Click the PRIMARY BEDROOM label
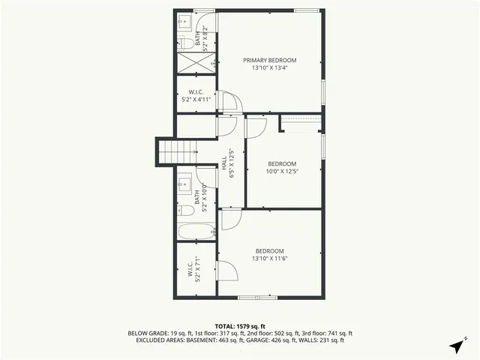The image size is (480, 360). coord(270,60)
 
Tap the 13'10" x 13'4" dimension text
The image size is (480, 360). coord(270,67)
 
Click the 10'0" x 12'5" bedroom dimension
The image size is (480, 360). coord(282,172)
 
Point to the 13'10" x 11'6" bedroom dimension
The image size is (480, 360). coord(270,259)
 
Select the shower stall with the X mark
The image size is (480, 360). coord(196,63)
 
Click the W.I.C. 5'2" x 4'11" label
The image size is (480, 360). coord(196,95)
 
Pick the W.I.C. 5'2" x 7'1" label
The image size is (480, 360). coord(194,271)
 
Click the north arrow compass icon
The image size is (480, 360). coord(456,346)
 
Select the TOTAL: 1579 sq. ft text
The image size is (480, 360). coord(240,326)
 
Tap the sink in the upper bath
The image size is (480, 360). coord(184,22)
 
